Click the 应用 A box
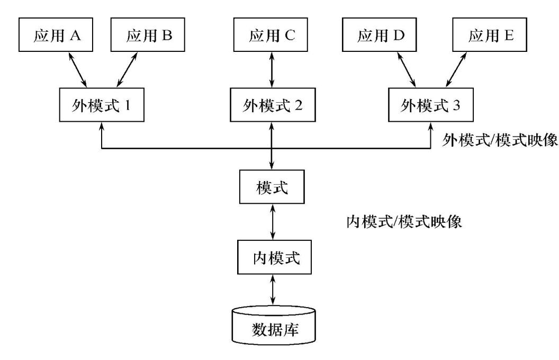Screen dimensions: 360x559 (x=56, y=36)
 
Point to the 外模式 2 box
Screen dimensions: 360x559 (x=272, y=104)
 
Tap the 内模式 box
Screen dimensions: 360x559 (x=272, y=258)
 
